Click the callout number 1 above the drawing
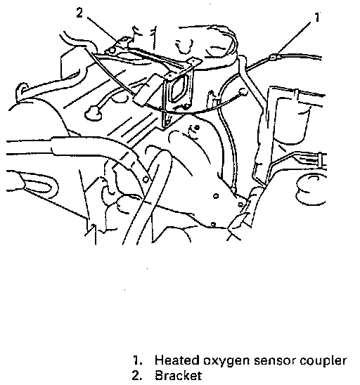[x=317, y=18]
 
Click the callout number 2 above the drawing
[x=79, y=13]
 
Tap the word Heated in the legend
[x=177, y=360]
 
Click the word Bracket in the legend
[x=179, y=376]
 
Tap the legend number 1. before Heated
[x=138, y=360]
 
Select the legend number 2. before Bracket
[x=137, y=376]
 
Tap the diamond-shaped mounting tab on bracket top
[x=194, y=61]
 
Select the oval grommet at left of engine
[x=94, y=113]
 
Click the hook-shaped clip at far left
[x=21, y=91]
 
